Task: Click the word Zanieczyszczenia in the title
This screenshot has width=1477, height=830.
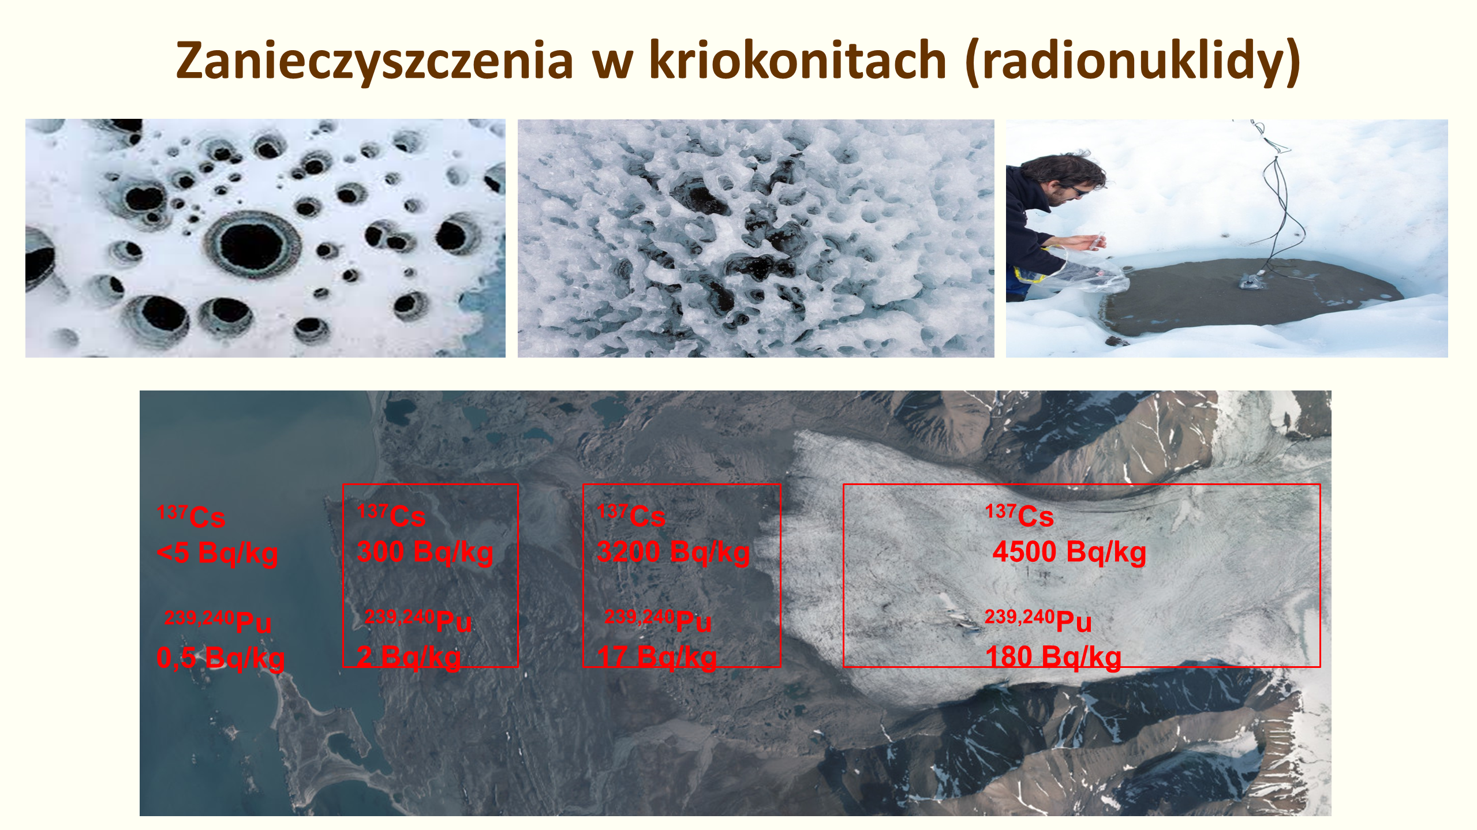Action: [375, 61]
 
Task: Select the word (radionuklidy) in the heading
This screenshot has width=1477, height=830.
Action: [1132, 61]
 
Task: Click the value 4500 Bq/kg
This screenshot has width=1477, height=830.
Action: [1070, 552]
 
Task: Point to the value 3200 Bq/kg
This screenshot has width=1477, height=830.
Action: [674, 552]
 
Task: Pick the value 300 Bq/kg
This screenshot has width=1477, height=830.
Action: [425, 552]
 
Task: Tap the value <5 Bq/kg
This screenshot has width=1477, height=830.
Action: [218, 553]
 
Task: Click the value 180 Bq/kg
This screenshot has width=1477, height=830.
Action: [1053, 657]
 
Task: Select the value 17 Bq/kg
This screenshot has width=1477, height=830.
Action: [657, 657]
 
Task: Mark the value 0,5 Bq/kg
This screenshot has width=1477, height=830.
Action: [220, 658]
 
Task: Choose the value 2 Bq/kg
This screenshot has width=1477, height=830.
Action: [409, 657]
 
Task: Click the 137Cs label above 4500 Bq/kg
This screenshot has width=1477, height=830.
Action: [1019, 515]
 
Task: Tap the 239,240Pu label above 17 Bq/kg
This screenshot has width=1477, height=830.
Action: [658, 620]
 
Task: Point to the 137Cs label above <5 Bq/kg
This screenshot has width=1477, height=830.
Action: [191, 516]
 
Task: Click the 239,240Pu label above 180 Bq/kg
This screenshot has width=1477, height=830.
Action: [1038, 620]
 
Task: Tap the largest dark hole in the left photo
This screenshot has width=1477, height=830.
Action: [252, 245]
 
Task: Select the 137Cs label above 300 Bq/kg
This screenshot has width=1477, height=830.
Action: [391, 515]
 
